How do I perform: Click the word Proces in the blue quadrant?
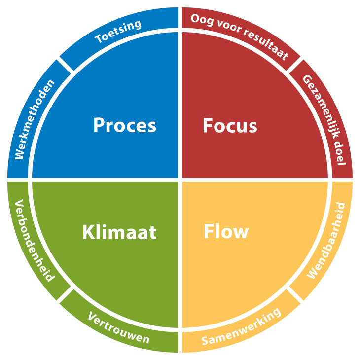(125, 125)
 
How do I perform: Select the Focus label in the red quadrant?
(230, 125)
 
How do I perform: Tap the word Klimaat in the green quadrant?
(119, 232)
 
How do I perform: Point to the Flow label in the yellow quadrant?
(226, 231)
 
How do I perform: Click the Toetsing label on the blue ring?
(118, 31)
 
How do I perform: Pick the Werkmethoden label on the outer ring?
(35, 119)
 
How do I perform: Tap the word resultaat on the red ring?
(266, 45)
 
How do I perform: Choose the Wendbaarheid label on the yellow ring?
(326, 241)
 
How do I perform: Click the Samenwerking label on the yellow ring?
(241, 326)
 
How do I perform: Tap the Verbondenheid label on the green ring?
(35, 240)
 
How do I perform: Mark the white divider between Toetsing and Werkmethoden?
(66, 65)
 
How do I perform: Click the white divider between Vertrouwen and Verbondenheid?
(66, 294)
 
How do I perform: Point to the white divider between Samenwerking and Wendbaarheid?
(294, 294)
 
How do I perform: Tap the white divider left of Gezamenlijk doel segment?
(294, 65)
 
